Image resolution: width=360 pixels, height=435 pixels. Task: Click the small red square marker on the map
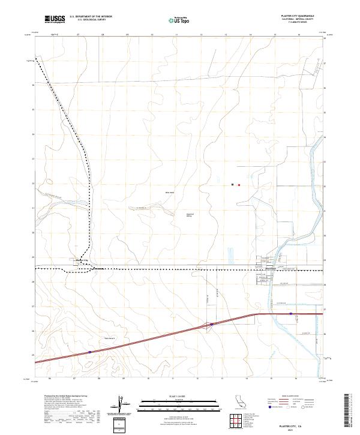pyautogui.click(x=239, y=185)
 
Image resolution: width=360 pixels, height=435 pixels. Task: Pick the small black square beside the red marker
pyautogui.click(x=232, y=185)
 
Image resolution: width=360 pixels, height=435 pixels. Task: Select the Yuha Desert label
pyautogui.click(x=110, y=337)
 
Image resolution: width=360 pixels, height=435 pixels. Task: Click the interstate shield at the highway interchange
pyautogui.click(x=211, y=325)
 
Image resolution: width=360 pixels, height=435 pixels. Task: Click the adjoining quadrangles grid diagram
pyautogui.click(x=239, y=422)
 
